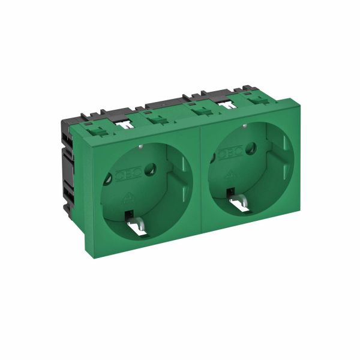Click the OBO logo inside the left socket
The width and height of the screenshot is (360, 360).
point(125,174)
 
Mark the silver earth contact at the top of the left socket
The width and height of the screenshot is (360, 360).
point(140,146)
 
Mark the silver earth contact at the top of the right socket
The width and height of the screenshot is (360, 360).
point(245,127)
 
